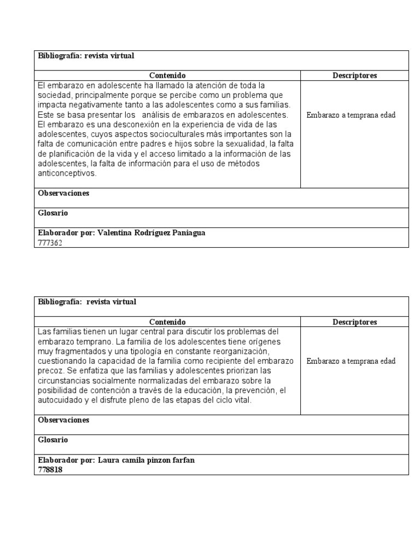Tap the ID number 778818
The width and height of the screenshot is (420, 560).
pyautogui.click(x=50, y=470)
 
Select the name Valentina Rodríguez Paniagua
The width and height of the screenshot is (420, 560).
pyautogui.click(x=151, y=233)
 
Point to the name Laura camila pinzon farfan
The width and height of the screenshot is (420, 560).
pyautogui.click(x=146, y=460)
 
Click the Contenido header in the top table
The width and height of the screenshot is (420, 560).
pyautogui.click(x=167, y=75)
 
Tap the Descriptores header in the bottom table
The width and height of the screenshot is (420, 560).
pyautogui.click(x=354, y=322)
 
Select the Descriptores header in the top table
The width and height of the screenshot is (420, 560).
pyautogui.click(x=354, y=75)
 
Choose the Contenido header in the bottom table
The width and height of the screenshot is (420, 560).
pyautogui.click(x=167, y=322)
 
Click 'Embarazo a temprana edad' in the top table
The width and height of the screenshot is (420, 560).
pyautogui.click(x=351, y=115)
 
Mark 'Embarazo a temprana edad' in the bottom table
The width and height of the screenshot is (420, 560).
pyautogui.click(x=351, y=361)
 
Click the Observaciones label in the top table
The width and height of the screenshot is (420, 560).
pyautogui.click(x=63, y=194)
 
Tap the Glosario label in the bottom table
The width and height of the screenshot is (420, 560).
pyautogui.click(x=53, y=440)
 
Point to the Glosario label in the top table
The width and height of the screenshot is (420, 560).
pyautogui.click(x=53, y=213)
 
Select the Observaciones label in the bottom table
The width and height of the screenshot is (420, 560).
pyautogui.click(x=63, y=420)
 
